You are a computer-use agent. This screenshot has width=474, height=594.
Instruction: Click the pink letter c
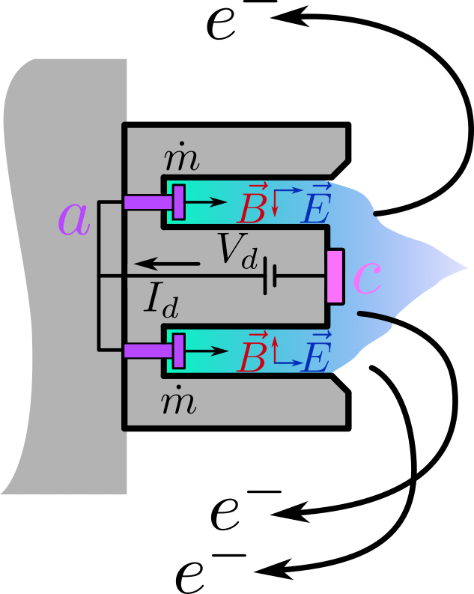366,278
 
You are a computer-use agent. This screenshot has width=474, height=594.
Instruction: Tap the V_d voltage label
238,250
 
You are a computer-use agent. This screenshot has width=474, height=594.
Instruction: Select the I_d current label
161,300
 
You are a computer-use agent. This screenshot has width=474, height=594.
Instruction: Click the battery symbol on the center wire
270,276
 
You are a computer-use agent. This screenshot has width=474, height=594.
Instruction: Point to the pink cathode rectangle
335,277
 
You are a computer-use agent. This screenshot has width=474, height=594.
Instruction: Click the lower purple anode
154,350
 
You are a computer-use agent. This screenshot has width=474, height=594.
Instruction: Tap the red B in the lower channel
252,357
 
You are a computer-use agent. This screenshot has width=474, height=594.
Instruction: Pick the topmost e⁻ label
236,22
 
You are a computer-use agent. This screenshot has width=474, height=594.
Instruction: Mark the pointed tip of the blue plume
466,267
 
